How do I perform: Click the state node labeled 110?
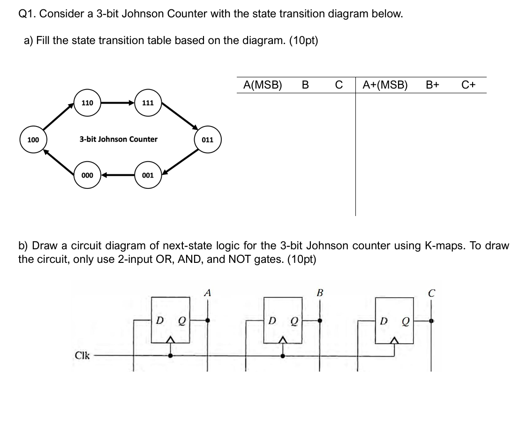coord(87,103)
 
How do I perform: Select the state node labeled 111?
coord(148,103)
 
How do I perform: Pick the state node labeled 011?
coord(207,140)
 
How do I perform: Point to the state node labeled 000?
coord(87,175)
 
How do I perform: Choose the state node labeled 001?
coord(148,175)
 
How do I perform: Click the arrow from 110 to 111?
coord(117,103)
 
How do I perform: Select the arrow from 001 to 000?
coord(117,175)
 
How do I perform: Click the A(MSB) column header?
coord(263,85)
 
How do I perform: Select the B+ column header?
coord(432,85)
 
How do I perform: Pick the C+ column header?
coord(468,85)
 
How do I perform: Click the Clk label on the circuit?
coord(83,355)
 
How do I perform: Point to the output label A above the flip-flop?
coord(207,293)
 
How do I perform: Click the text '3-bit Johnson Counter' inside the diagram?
coord(118,139)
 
